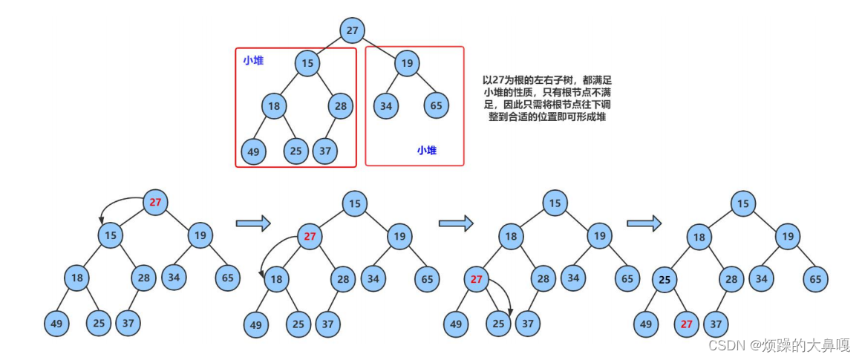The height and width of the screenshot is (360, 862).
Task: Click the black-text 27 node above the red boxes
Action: point(352,30)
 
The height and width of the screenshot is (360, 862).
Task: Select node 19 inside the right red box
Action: point(406,63)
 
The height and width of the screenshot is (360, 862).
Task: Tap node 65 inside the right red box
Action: point(436,105)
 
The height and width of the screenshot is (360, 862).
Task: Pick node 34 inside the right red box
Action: point(385,105)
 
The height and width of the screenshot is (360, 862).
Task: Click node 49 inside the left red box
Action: point(254,151)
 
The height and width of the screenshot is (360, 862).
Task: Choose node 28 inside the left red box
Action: point(340,105)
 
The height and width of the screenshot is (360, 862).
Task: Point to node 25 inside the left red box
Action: point(296,151)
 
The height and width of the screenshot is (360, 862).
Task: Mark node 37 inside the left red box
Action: point(324,151)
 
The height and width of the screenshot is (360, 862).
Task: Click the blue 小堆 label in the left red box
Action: point(253,61)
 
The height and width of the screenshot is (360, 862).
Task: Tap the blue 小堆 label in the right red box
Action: point(426,150)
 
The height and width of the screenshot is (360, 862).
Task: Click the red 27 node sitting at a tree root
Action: point(155,202)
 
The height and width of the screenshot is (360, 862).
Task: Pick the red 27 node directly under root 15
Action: point(310,237)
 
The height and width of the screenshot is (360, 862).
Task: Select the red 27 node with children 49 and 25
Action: point(477,279)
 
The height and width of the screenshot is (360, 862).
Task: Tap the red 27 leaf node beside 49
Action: point(687,324)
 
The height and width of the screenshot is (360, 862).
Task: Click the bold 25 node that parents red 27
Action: point(665,280)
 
